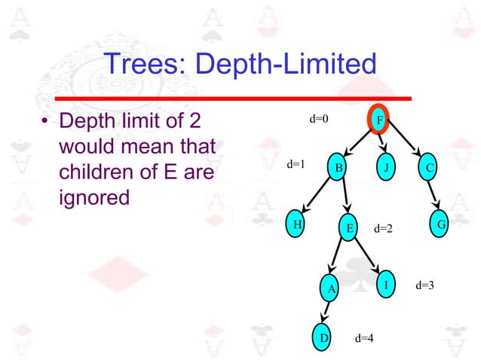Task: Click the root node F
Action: (379, 121)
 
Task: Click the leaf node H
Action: (299, 224)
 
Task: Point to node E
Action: (348, 227)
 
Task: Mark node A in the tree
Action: (329, 287)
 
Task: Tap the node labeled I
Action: (385, 285)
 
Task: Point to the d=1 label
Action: (295, 163)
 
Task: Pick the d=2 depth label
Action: (384, 227)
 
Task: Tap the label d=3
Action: (424, 285)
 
